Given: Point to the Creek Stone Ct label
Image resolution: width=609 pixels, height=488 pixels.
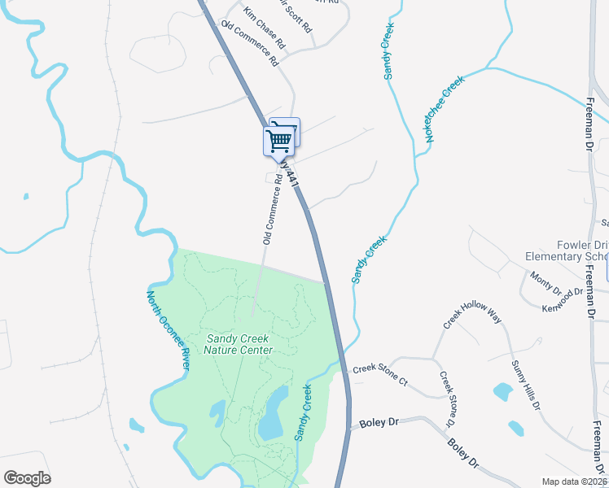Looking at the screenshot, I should pos(379,369).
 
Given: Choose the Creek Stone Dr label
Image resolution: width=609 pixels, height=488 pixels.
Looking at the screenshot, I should pos(446,400).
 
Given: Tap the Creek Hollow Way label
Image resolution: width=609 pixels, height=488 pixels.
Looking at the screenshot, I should pos(472,315).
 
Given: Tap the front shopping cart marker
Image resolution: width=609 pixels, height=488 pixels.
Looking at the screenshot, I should pos(278,142).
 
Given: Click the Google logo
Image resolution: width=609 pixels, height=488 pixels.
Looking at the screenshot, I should pos(27,478).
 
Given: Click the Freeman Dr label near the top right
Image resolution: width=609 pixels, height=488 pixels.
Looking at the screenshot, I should pos(592,123).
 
